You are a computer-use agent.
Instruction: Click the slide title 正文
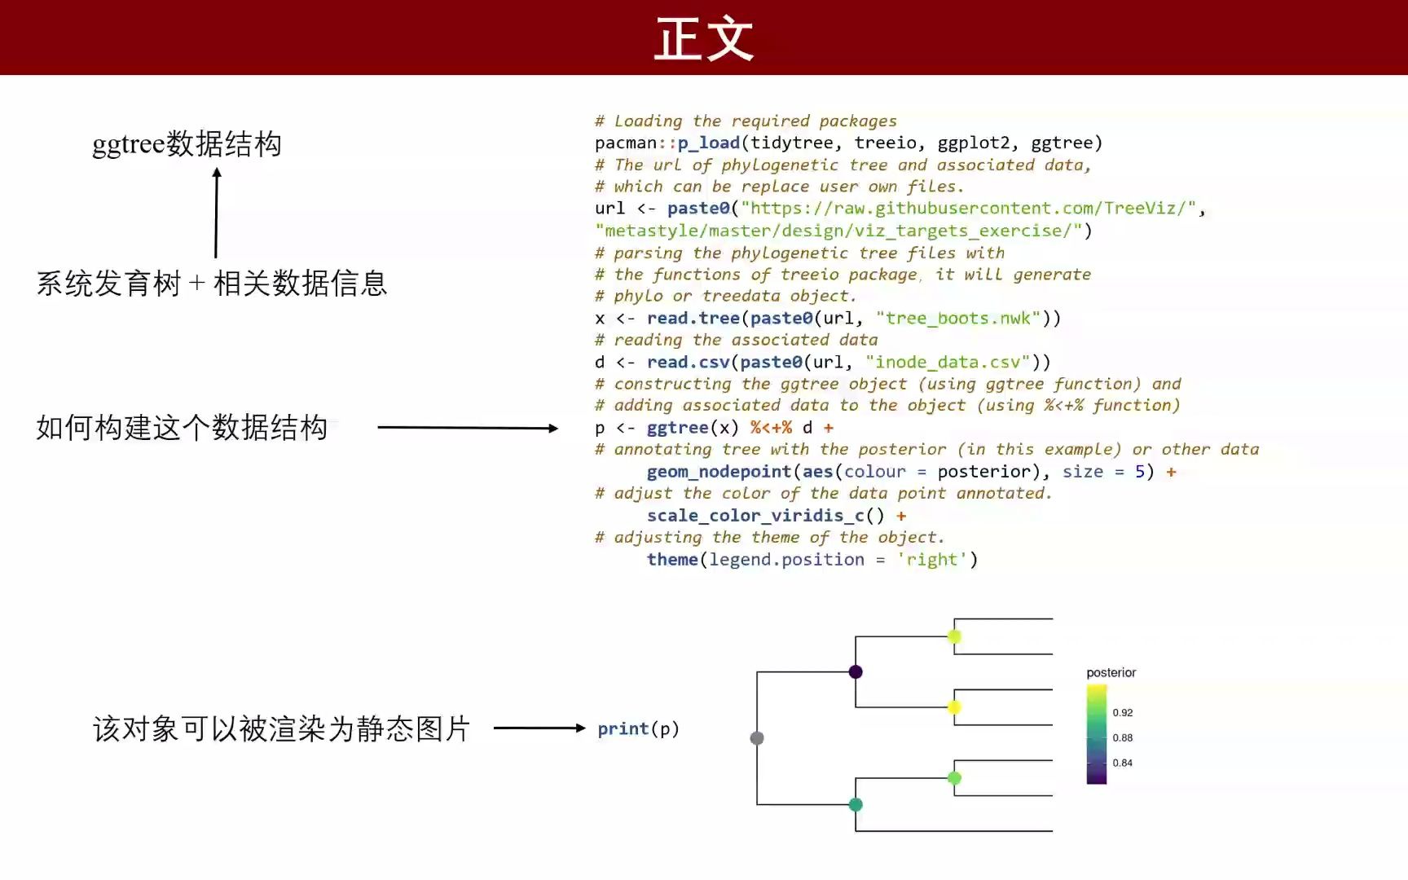(704, 39)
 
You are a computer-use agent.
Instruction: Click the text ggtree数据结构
(187, 144)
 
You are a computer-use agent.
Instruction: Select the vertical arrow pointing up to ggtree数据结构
(216, 213)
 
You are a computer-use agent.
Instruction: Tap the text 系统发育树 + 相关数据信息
(212, 284)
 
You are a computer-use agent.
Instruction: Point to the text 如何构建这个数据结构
(182, 428)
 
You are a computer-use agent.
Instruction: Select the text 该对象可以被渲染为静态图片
(281, 728)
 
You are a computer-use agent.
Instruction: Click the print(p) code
(638, 728)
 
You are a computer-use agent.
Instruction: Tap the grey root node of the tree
(757, 738)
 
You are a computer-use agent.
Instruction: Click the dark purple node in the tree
(856, 672)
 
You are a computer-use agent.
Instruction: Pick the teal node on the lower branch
(856, 805)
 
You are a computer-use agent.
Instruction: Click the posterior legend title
(1111, 673)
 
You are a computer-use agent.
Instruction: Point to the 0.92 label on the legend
(1123, 713)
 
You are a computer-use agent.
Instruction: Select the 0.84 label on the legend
(1123, 763)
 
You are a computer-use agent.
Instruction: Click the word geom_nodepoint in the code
(719, 472)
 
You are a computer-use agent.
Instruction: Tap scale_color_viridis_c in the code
(755, 516)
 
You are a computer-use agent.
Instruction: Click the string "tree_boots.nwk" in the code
(958, 319)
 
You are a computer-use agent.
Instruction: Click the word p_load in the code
(708, 143)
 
